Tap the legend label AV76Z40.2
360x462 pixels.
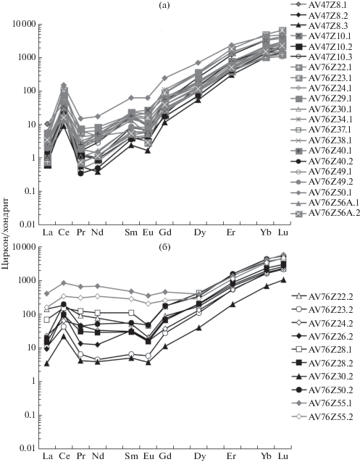[330, 161]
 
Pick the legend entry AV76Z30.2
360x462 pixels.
[330, 377]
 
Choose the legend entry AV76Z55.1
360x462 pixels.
[330, 403]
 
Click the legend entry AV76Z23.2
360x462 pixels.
[330, 309]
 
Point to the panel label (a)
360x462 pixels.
[164, 5]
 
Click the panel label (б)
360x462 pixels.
[164, 247]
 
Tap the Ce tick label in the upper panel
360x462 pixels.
[64, 232]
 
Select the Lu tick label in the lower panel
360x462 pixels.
[283, 456]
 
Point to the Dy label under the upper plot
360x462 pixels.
[200, 232]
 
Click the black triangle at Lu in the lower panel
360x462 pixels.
[283, 280]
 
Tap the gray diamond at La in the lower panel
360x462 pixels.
[47, 293]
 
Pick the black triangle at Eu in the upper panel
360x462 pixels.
[148, 151]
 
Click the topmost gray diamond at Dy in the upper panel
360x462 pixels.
[198, 62]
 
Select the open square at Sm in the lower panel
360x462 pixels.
[132, 313]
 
